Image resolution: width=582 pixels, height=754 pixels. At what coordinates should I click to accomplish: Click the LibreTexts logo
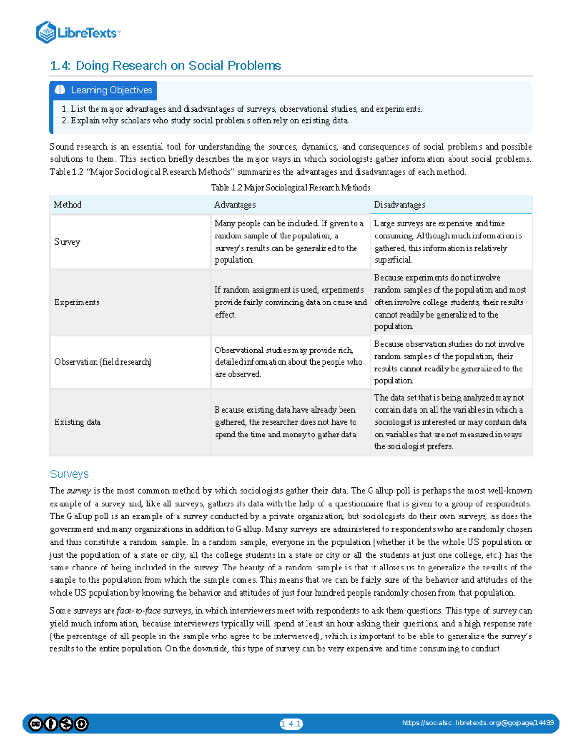click(x=78, y=33)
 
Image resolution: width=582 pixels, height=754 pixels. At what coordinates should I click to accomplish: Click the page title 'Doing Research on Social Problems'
click(x=165, y=66)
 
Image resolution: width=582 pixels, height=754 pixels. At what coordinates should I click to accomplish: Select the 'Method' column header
click(x=67, y=205)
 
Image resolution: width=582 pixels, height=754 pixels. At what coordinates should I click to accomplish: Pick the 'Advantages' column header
click(x=235, y=205)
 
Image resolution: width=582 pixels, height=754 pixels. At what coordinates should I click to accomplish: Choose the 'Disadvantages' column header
click(x=400, y=205)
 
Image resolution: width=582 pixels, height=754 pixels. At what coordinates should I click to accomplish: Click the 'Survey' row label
click(x=67, y=242)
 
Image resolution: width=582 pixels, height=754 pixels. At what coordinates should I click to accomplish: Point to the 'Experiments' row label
click(x=77, y=302)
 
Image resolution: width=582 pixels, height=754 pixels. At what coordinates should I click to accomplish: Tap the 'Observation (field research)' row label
click(x=102, y=362)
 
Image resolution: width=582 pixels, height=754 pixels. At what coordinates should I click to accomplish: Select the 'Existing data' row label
click(x=77, y=422)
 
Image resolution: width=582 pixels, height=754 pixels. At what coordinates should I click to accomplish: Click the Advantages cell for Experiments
click(x=290, y=302)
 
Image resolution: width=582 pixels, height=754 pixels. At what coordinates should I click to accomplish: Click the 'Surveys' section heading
click(x=69, y=474)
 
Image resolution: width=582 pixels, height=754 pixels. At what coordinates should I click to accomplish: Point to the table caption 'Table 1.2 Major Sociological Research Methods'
click(x=290, y=188)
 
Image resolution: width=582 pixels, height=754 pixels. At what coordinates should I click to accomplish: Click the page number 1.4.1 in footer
click(x=291, y=724)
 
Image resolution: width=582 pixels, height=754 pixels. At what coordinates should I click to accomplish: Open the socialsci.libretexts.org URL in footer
click(x=478, y=723)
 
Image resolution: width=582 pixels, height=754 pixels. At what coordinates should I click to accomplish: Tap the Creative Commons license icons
click(x=58, y=724)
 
